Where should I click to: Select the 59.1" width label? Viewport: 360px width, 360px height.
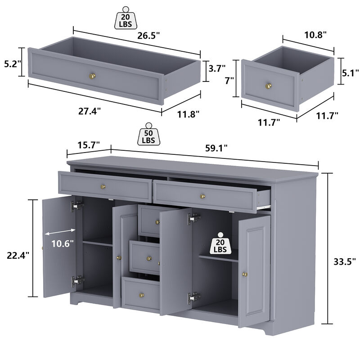pyautogui.click(x=216, y=147)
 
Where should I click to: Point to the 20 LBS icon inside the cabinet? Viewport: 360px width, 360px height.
pyautogui.click(x=220, y=243)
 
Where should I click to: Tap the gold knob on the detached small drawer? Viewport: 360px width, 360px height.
pyautogui.click(x=269, y=85)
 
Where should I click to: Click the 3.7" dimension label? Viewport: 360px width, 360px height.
pyautogui.click(x=217, y=68)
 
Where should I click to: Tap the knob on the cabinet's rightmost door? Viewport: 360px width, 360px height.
pyautogui.click(x=246, y=274)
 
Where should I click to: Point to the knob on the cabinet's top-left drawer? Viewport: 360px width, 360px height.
pyautogui.click(x=103, y=186)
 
